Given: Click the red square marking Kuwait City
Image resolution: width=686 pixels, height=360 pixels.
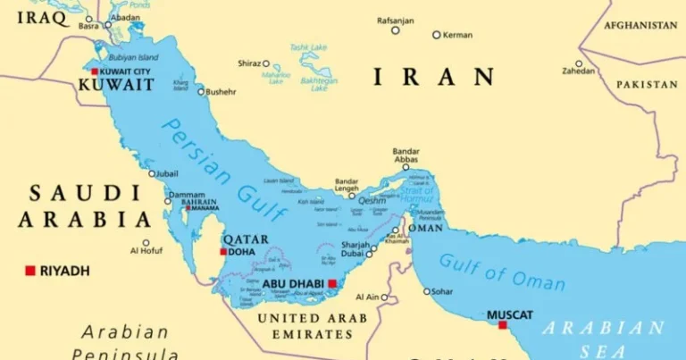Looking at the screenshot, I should tap(95, 71).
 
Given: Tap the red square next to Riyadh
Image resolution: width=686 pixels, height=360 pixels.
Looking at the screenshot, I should tap(29, 270).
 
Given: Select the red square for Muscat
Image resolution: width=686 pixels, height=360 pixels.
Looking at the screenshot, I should tap(503, 325).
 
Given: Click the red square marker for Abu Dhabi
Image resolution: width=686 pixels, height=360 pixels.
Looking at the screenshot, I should tap(332, 284).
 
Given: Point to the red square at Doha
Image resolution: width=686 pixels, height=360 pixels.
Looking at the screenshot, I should tap(223, 252).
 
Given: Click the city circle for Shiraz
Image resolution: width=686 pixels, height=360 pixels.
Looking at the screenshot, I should tap(266, 63).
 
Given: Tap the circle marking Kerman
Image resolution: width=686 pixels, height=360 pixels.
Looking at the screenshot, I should tap(436, 35).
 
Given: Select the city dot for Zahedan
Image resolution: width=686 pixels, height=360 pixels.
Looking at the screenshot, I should tap(579, 63).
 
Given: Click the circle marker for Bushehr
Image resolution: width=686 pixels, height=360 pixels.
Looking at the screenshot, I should tap(200, 91).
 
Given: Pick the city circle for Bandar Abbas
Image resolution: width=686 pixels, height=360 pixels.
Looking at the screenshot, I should tap(406, 167).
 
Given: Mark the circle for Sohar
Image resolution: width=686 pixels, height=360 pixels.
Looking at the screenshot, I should tap(425, 290).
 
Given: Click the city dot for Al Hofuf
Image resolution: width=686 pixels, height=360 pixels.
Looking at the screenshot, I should tap(146, 242).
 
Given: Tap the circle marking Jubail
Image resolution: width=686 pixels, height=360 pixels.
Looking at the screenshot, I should tap(152, 173).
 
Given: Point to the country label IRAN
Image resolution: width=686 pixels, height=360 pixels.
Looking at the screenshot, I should tap(433, 77).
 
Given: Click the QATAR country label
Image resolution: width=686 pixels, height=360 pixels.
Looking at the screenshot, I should tap(246, 239).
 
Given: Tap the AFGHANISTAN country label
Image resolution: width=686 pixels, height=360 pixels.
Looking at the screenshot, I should tap(640, 25).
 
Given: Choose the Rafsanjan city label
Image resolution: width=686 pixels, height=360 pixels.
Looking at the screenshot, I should tap(395, 20).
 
